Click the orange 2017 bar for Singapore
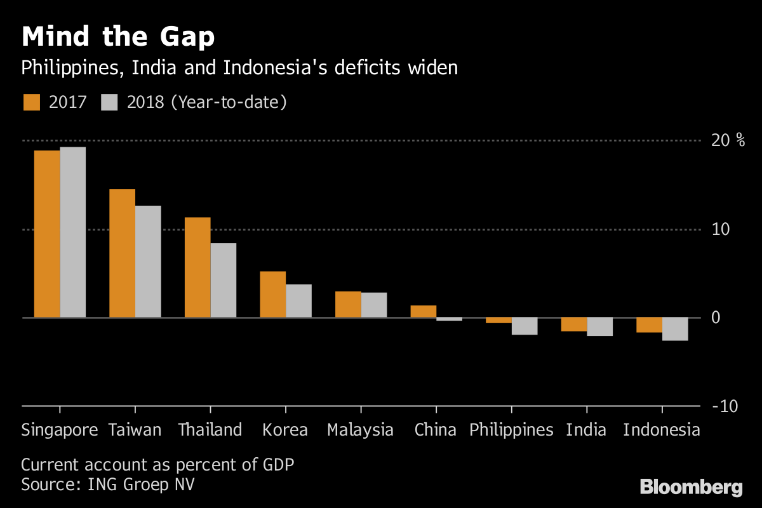tap(47, 234)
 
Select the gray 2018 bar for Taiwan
tap(148, 262)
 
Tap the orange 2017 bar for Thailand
tap(197, 267)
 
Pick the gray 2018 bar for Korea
tap(298, 301)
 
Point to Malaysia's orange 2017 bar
tap(348, 304)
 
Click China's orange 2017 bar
tap(424, 311)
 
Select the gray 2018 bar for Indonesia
tap(675, 329)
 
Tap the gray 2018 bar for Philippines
tap(525, 326)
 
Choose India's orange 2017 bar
tap(574, 324)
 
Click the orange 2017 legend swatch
tap(31, 102)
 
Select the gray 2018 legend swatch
tap(110, 102)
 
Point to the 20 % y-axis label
tap(728, 140)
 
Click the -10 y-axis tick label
tap(725, 406)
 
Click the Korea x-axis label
tap(285, 430)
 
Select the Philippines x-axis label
tap(511, 430)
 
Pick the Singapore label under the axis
tap(60, 430)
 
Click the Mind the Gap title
tap(118, 37)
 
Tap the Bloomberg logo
tap(691, 487)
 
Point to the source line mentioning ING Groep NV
tap(108, 485)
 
